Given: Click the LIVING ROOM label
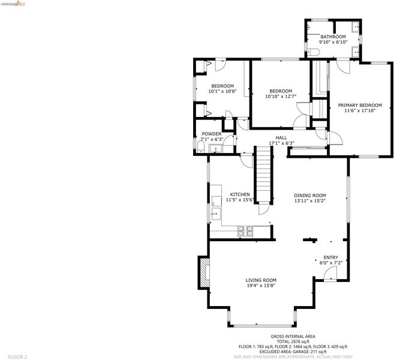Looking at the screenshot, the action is (261, 280).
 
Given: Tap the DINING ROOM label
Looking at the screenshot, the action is (310, 196).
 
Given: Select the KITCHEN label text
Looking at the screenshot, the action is (240, 194).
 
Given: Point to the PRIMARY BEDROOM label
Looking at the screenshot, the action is (360, 105).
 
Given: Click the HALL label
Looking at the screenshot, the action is (281, 137).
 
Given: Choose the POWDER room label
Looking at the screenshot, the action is (212, 134).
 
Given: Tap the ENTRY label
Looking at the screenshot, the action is (330, 257).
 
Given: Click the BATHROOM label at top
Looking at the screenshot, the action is (333, 37).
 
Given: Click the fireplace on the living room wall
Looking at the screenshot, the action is (204, 272).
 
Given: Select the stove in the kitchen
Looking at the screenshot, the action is (245, 231).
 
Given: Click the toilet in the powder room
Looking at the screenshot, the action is (200, 147).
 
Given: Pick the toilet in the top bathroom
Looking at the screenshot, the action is (313, 52).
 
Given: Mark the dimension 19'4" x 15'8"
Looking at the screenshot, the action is (261, 286).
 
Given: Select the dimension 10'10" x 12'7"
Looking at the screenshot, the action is (281, 96).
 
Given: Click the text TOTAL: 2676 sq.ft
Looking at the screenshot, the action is (293, 341).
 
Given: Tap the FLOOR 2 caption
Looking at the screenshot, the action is (17, 357).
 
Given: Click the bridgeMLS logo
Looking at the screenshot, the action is (13, 4).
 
